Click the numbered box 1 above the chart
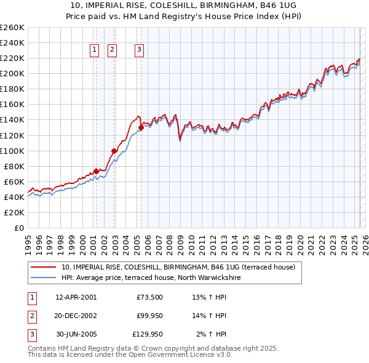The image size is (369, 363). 95,50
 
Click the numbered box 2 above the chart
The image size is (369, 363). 113,50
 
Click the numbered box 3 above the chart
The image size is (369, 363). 140,50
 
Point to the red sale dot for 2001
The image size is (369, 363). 96,171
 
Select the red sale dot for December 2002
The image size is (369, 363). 114,151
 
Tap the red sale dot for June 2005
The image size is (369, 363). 141,127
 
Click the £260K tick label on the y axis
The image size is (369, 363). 12,28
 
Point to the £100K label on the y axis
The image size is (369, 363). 12,151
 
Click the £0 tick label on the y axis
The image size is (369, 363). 19,228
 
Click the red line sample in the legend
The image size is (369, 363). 44,267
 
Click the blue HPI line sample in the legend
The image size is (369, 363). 44,277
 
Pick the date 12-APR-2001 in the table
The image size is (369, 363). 76,298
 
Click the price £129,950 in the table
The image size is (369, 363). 148,335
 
